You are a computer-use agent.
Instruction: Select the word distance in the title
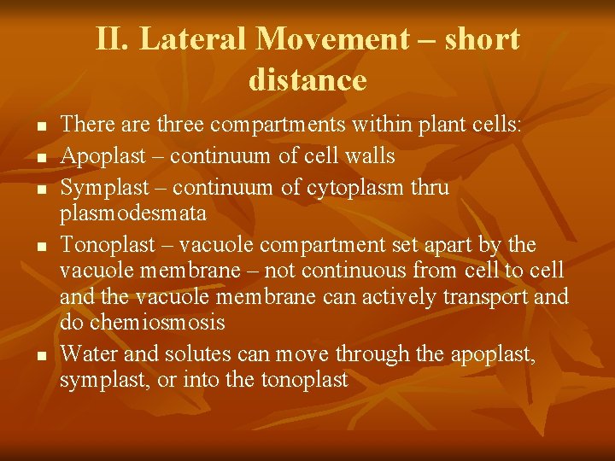(x=307, y=79)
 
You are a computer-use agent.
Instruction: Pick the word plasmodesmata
(x=133, y=213)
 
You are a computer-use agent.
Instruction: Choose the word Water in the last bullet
(x=88, y=353)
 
